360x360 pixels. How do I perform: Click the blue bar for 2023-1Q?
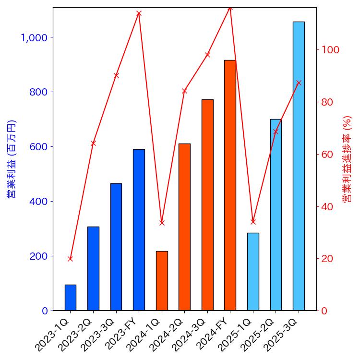coord(70,298)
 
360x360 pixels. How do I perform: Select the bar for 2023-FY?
coord(139,230)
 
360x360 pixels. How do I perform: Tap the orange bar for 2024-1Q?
coord(162,281)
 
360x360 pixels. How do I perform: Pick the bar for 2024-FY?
coord(230,185)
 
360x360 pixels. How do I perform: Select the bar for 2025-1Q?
coord(253,272)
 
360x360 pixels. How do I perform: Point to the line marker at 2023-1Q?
coord(70,259)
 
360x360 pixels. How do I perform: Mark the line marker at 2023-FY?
coord(139,13)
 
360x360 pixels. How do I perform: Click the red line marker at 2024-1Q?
coord(162,223)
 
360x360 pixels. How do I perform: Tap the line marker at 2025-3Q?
coord(299,83)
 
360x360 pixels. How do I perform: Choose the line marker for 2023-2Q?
coord(93,143)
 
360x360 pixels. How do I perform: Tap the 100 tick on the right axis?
coord(331,50)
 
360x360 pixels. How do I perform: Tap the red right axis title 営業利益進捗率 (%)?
coord(347,159)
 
